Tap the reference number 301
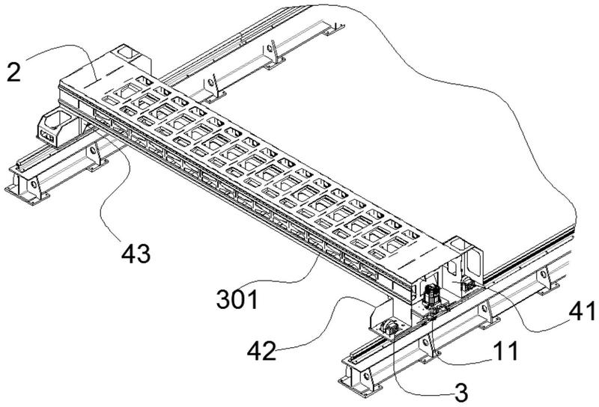point(237,300)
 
